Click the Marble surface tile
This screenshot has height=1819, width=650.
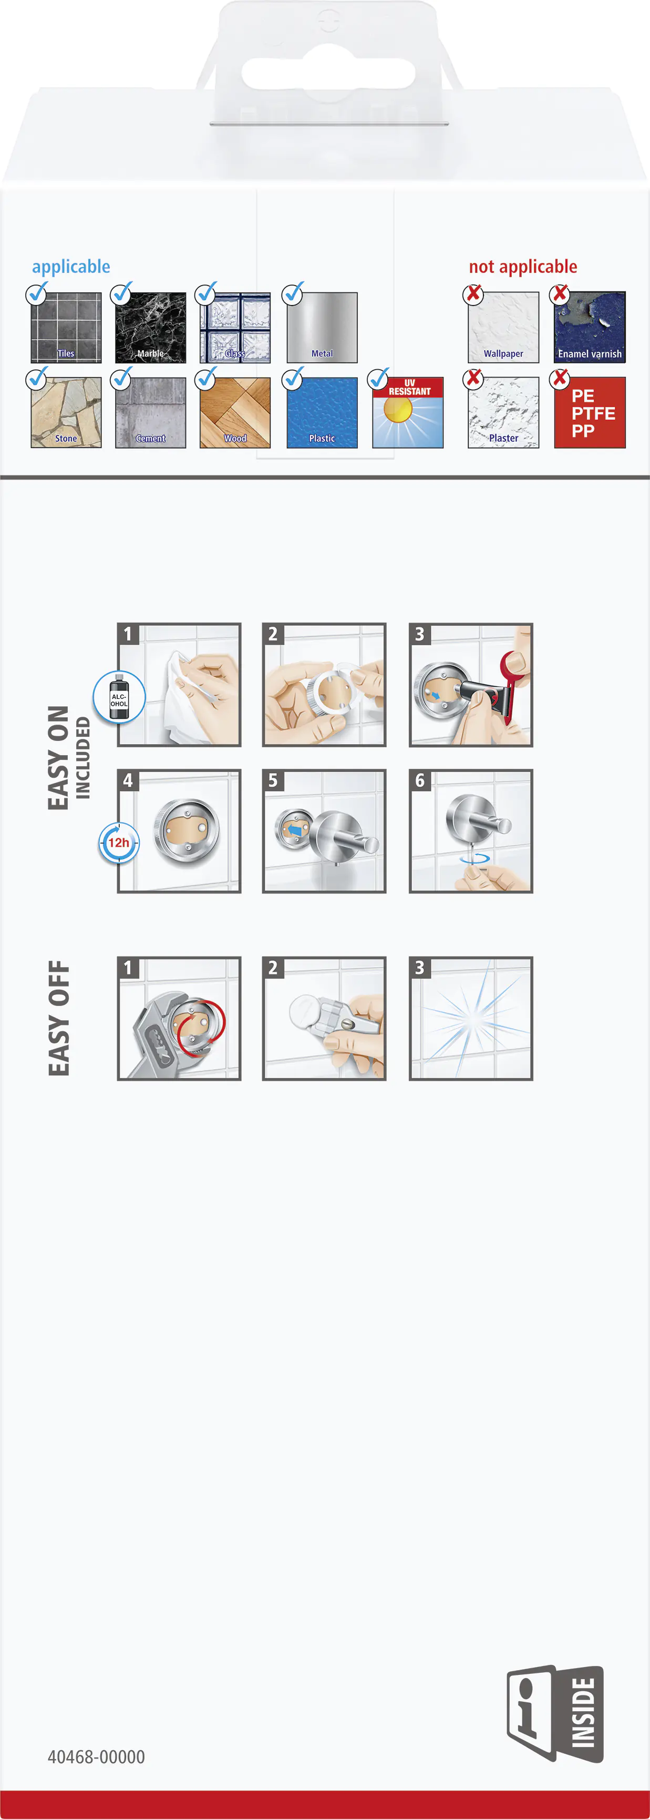point(150,328)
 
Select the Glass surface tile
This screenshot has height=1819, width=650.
point(235,328)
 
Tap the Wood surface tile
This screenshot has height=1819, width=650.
point(235,412)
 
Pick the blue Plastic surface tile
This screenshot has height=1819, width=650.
point(322,412)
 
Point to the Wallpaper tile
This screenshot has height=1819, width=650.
point(503,328)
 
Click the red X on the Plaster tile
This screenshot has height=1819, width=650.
point(473,379)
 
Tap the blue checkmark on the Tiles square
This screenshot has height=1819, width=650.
point(37,293)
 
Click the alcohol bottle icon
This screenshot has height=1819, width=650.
point(119,697)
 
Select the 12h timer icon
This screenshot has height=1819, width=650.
point(119,843)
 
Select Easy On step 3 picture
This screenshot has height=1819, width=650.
point(471,685)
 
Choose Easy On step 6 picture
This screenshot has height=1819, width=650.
point(471,831)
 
